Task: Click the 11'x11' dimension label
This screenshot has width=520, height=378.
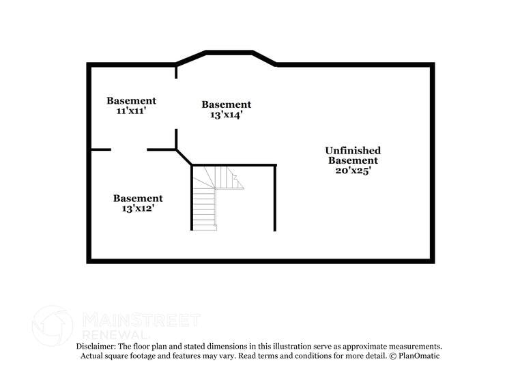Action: [x=131, y=111]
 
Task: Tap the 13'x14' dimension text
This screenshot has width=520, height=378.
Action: [x=227, y=115]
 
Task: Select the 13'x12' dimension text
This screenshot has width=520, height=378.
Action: [x=138, y=209]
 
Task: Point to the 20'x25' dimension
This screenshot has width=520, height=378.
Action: [x=353, y=171]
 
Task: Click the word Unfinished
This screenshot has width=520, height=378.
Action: [x=353, y=151]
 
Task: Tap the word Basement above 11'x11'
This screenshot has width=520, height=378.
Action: [x=131, y=100]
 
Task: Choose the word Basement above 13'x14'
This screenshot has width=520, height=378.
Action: [x=227, y=104]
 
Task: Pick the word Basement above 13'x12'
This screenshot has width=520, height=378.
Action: [x=138, y=199]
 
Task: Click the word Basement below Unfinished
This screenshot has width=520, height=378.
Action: [x=353, y=160]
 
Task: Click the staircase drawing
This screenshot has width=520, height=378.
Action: [x=218, y=199]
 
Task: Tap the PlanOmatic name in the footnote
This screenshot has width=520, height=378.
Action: [x=419, y=355]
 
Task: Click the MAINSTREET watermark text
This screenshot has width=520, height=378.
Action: [x=141, y=319]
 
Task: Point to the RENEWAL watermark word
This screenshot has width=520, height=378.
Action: [x=115, y=334]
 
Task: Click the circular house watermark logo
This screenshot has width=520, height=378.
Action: [x=53, y=325]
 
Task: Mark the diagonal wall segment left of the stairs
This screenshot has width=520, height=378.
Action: [x=184, y=158]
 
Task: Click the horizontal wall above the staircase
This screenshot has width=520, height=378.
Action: [x=234, y=165]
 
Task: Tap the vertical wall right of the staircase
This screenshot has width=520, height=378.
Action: [x=275, y=198]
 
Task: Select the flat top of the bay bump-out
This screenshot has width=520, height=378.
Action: [x=229, y=53]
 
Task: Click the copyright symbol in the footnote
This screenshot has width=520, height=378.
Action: [x=393, y=356]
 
